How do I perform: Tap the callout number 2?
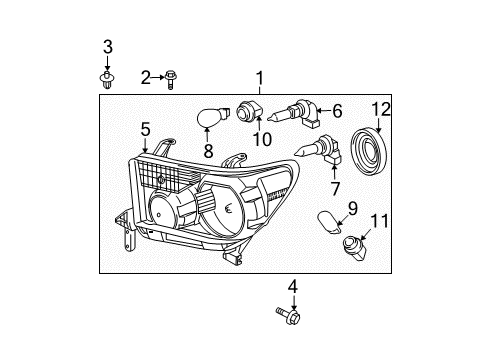point(146,77)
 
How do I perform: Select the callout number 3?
point(108,47)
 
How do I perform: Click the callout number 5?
point(145,129)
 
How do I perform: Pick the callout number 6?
point(336,111)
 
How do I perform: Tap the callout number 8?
point(208,153)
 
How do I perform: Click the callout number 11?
point(376,220)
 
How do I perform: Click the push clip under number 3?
point(107,76)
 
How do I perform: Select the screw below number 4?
point(286,317)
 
